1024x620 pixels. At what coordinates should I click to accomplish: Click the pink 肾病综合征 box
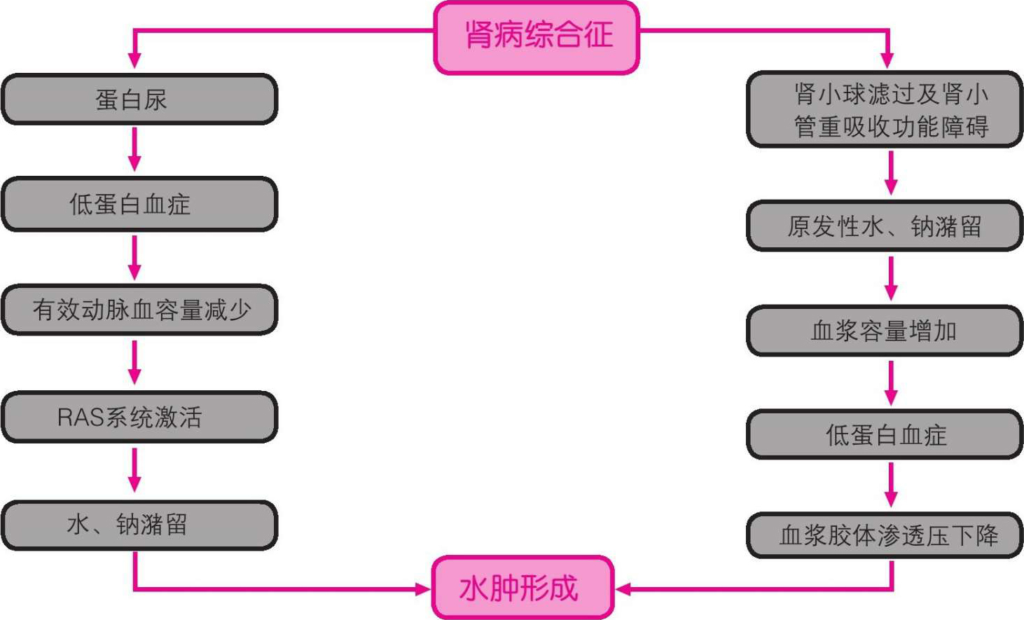point(537,36)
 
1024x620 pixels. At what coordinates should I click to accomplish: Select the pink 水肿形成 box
point(523,588)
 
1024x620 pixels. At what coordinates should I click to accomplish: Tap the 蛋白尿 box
point(139,99)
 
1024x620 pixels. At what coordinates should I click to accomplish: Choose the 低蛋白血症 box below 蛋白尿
point(139,204)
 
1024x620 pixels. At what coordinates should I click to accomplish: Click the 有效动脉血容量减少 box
point(139,310)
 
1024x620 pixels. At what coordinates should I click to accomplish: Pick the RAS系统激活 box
point(139,417)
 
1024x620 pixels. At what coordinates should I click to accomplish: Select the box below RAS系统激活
point(139,525)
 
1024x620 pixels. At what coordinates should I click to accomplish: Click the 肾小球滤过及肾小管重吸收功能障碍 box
point(885,109)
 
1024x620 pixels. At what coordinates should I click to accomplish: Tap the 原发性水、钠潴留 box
point(885,226)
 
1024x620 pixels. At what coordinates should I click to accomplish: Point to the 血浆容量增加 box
point(885,331)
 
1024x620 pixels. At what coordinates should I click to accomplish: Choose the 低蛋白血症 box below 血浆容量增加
point(885,435)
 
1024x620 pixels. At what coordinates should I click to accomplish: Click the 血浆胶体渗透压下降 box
point(885,535)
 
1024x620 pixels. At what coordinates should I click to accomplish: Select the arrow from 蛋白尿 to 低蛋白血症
point(134,149)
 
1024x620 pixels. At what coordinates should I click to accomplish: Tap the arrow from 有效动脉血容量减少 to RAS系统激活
point(134,362)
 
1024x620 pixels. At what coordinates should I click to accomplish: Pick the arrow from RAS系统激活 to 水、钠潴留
point(134,469)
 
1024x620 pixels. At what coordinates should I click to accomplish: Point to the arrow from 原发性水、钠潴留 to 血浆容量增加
point(891,278)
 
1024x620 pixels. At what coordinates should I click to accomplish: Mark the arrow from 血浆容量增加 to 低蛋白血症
point(891,383)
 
